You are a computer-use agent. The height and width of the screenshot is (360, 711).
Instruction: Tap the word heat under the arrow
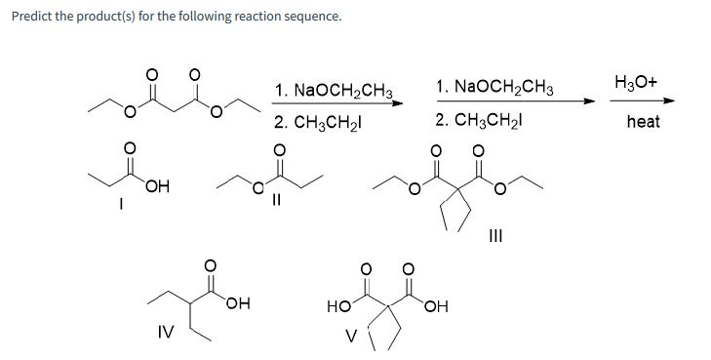[642, 121]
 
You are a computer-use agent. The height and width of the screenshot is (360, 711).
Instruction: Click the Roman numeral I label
[121, 205]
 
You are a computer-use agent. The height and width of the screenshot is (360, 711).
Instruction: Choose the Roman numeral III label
[496, 236]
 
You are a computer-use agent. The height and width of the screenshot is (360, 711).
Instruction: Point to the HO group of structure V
[339, 308]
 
